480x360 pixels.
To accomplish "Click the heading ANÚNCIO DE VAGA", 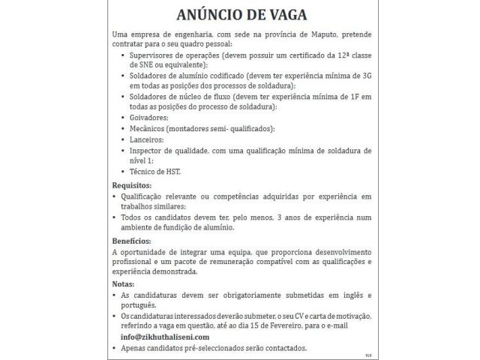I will tap(240, 15).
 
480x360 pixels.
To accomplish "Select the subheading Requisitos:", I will tap(131, 185).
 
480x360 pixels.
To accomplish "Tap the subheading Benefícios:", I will tap(132, 241).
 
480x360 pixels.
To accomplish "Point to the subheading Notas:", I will tap(123, 284).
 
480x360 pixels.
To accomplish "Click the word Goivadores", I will tap(149, 118).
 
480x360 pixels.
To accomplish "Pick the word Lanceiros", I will tap(146, 139).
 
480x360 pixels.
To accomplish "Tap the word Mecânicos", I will tap(148, 129).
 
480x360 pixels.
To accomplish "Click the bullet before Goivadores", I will tap(123, 118).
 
